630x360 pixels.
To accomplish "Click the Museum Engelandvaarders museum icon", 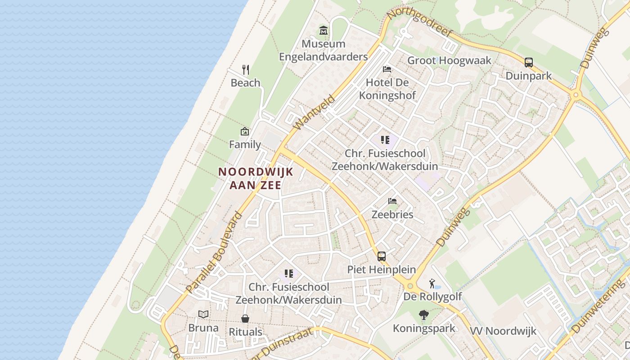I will [324, 31].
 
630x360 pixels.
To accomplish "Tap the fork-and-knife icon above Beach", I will [246, 69].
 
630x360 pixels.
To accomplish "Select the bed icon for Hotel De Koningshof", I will [387, 69].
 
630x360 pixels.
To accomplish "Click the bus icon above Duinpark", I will [529, 63].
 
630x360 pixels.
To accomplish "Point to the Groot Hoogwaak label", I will [449, 60].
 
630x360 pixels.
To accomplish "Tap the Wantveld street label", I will [314, 112].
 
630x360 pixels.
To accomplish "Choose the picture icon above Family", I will [245, 131].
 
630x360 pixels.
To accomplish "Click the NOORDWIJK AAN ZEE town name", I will [256, 178].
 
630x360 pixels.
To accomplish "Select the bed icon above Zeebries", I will [392, 201].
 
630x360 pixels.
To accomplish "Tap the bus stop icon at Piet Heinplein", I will [382, 256].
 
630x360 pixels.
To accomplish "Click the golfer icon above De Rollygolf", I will [432, 283].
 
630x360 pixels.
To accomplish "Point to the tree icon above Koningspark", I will [423, 315].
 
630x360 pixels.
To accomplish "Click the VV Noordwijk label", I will [503, 331].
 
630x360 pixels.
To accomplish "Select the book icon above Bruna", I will [203, 314].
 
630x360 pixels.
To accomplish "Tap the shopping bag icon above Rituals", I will [245, 319].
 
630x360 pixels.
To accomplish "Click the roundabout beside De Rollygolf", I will [409, 286].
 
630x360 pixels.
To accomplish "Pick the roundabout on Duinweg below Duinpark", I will [576, 95].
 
